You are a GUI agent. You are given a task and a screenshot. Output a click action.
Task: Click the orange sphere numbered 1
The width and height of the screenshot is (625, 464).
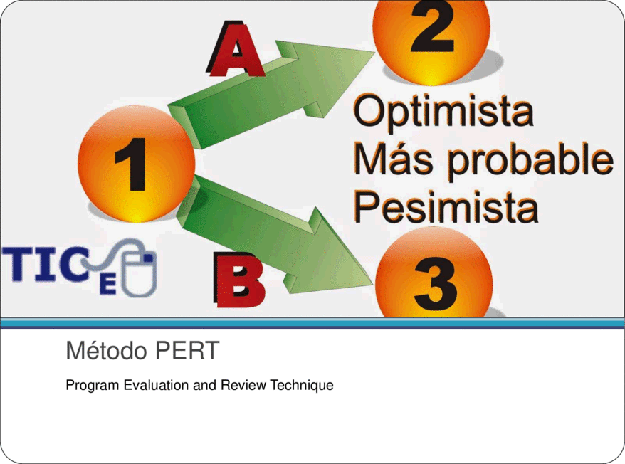(137, 164)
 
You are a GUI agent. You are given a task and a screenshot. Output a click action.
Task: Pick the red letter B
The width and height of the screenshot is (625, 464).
(239, 280)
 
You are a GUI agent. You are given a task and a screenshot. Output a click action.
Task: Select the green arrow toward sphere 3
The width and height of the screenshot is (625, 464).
(275, 235)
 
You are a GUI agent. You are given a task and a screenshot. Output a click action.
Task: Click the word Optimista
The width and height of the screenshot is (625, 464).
(443, 112)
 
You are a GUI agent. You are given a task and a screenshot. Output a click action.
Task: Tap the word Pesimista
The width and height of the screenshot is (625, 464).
(446, 207)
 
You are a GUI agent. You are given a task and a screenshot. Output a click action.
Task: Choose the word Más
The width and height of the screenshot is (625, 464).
(393, 159)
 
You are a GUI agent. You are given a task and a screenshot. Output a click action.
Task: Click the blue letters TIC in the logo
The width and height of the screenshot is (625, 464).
(46, 264)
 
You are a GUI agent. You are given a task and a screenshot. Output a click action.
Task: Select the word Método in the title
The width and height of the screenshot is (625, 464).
(107, 350)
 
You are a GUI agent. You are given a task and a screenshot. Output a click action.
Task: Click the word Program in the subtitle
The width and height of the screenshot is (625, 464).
(93, 386)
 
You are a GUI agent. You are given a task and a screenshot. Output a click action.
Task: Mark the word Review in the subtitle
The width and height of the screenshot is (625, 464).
(243, 385)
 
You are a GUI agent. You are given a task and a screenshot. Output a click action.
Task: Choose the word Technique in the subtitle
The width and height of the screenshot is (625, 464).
(302, 386)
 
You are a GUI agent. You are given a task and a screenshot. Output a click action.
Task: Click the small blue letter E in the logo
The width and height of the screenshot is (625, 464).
(107, 285)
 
